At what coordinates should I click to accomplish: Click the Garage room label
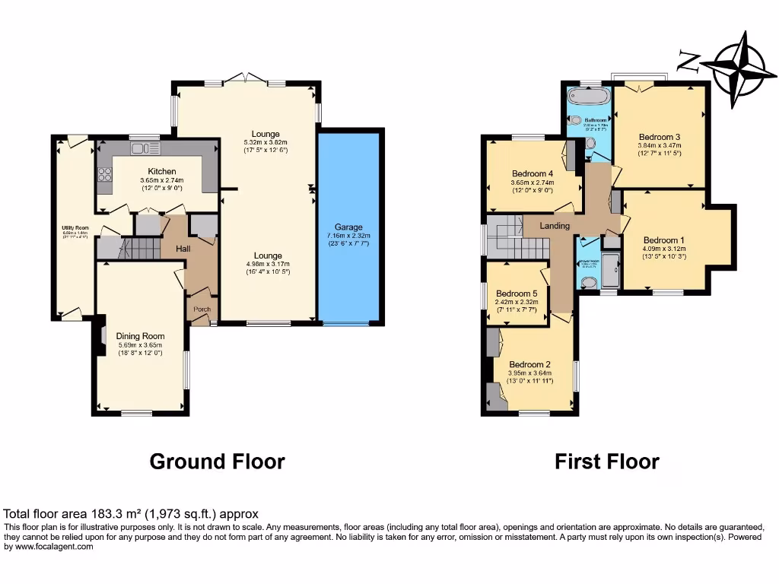[x=349, y=227]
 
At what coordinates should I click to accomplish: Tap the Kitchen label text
[x=162, y=172]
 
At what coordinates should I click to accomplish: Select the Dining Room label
[x=140, y=335]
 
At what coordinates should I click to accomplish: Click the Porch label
[x=202, y=309]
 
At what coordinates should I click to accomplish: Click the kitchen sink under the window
[x=141, y=148]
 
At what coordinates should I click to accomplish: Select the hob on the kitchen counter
[x=103, y=176]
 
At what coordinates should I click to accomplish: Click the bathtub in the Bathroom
[x=590, y=97]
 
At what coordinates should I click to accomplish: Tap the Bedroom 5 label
[x=517, y=294]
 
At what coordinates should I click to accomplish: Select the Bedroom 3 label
[x=659, y=137]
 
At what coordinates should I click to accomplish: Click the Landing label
[x=555, y=226]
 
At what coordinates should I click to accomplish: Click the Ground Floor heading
[x=217, y=461]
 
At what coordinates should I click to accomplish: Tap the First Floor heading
[x=606, y=461]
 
